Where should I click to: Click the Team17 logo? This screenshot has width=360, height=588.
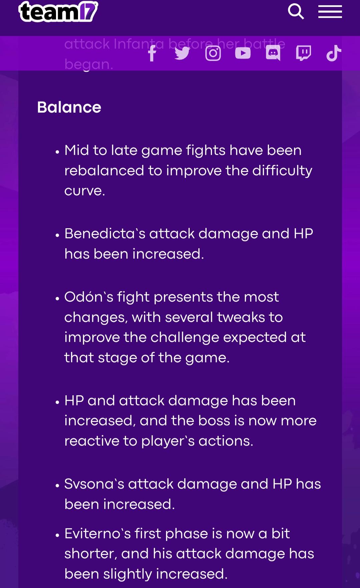(x=58, y=12)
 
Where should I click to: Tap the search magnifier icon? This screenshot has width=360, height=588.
(x=296, y=12)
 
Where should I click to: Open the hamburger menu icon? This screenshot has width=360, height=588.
(x=330, y=12)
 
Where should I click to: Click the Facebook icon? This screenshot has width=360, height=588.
(x=152, y=53)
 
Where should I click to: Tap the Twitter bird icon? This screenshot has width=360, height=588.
(x=182, y=53)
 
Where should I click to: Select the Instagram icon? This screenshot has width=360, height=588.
(x=213, y=53)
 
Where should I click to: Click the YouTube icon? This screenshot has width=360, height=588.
(x=243, y=53)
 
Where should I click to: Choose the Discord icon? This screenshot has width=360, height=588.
(x=273, y=53)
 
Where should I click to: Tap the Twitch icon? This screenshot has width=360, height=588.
(x=303, y=53)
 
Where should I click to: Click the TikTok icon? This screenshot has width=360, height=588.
(x=333, y=53)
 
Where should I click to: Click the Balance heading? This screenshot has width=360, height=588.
(x=69, y=107)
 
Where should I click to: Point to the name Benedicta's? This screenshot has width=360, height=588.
(x=105, y=234)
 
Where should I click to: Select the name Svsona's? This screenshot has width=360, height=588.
(x=94, y=484)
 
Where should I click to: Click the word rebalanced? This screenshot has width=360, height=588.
(x=104, y=171)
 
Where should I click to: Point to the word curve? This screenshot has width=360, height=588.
(x=84, y=191)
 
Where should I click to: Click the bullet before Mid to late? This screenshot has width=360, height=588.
(x=57, y=152)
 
